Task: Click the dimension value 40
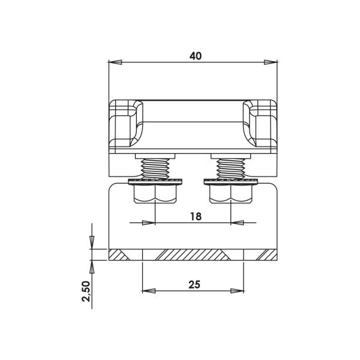coord(196,56)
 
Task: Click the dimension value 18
coord(196,216)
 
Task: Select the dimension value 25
coord(194,284)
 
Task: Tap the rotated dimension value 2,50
coord(86,292)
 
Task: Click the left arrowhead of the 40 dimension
coord(115,62)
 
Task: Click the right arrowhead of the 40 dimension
coord(271,62)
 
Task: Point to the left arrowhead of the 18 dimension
coord(149,223)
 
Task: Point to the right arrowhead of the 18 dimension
coord(238,223)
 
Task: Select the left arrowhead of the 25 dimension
coord(149,291)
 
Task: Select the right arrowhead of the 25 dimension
coord(237,291)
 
